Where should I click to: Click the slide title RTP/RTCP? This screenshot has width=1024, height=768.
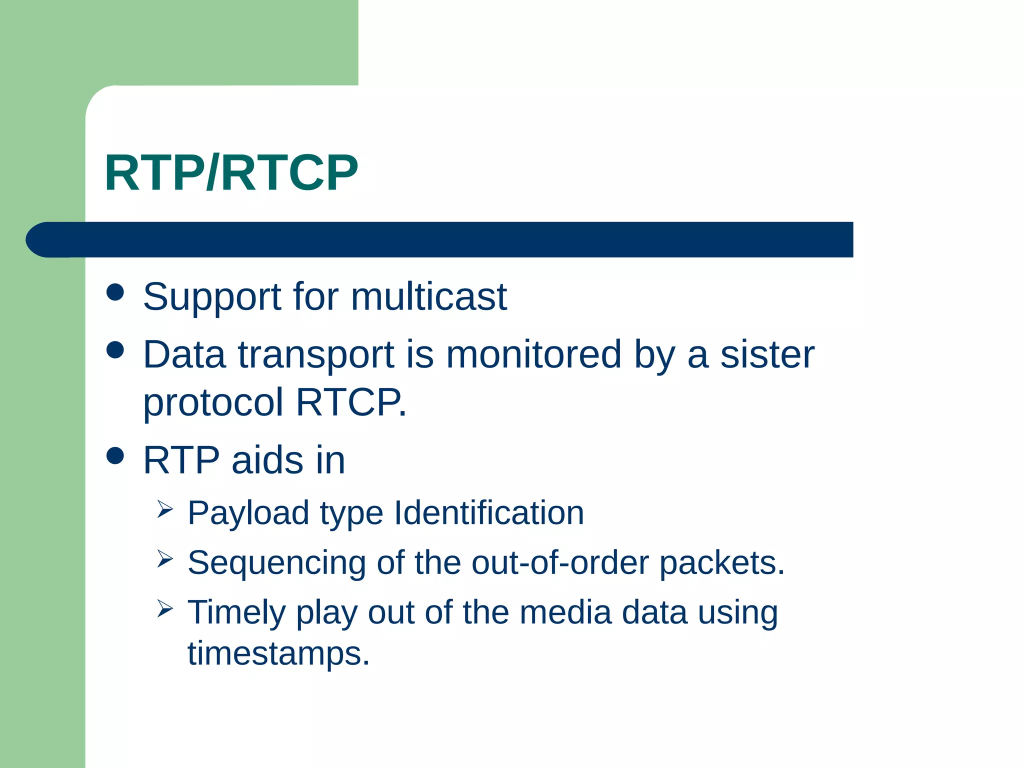click(231, 173)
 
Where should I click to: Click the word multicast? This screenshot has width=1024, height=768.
click(428, 296)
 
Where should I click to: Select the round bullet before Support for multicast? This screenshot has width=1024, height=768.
click(115, 292)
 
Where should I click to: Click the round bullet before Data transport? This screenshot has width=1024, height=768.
click(115, 350)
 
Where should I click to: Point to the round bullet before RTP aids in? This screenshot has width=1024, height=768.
click(115, 455)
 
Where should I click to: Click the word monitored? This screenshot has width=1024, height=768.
click(533, 354)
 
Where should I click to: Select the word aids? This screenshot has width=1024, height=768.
click(267, 460)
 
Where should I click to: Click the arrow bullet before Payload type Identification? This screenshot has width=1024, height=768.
click(164, 509)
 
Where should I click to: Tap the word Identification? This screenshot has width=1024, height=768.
click(488, 513)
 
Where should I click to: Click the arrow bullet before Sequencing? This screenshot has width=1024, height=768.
click(164, 558)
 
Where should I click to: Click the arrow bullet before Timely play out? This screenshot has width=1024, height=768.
click(164, 608)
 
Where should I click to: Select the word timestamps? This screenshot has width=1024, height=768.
click(278, 653)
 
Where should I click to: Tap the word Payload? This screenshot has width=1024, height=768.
click(248, 513)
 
